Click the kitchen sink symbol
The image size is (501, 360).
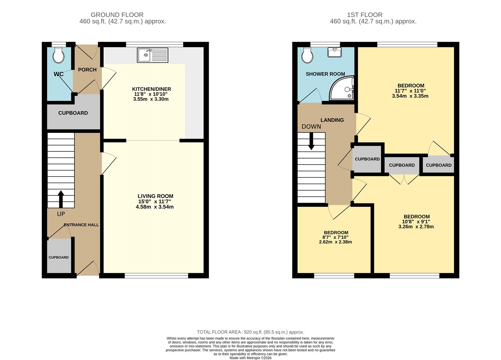tap(152, 55)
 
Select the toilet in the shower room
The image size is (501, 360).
tap(307, 55)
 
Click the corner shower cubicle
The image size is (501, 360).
tap(342, 88)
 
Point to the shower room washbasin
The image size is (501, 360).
tap(334, 52)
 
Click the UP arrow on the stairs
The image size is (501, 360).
tap(61, 199)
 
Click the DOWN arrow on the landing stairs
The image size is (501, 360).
tap(311, 141)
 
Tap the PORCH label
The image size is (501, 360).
tap(87, 70)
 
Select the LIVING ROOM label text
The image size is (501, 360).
tap(155, 196)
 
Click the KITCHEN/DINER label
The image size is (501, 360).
tap(152, 89)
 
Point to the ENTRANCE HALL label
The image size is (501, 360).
tap(81, 225)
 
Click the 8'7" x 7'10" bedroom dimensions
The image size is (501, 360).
tap(335, 237)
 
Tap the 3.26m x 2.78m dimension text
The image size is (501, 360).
tap(416, 227)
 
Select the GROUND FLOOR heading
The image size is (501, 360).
tap(117, 15)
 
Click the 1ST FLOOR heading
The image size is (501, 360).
tap(364, 15)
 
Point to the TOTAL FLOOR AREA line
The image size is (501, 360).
tap(250, 332)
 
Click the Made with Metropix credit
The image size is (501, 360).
tap(250, 358)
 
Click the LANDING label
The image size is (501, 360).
tap(332, 120)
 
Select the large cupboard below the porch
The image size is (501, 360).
tap(73, 113)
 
